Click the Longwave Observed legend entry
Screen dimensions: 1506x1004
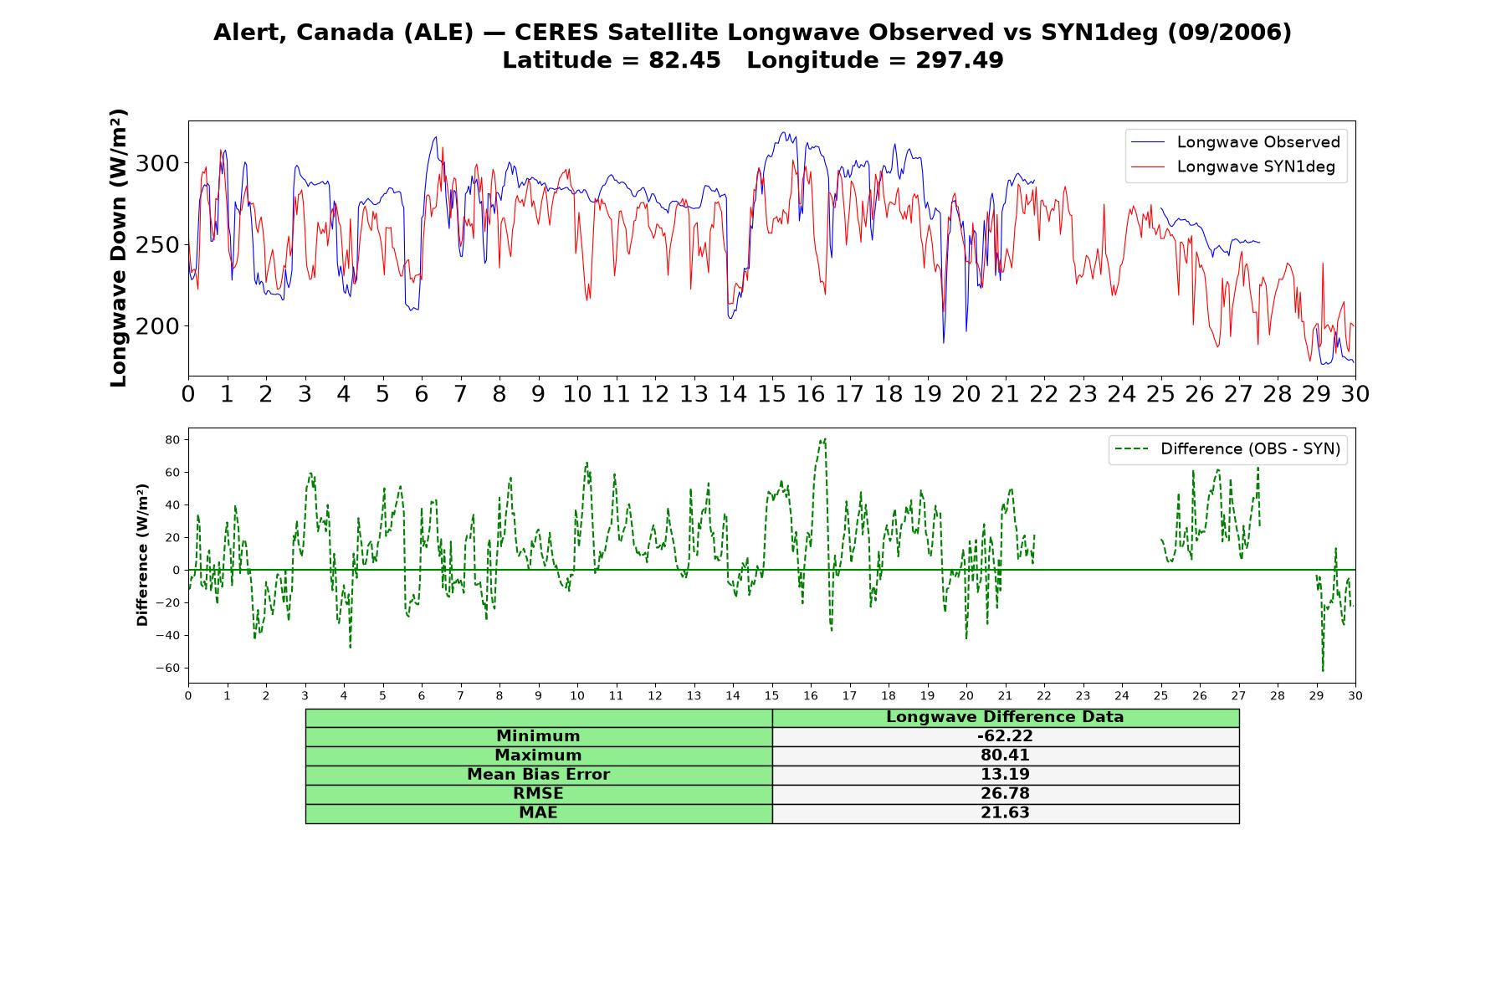1235,142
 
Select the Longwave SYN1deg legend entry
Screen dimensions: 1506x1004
1233,166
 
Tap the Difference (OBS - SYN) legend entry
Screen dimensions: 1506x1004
1228,449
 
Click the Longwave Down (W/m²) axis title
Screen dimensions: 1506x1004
119,248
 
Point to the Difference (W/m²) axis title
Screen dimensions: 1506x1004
142,555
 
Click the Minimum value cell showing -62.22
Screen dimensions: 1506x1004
1005,736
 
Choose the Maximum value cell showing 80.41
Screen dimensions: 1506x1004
1005,756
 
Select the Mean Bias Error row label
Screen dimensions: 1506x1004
538,775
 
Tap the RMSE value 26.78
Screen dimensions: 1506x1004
1005,794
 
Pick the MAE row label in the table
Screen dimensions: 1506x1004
538,813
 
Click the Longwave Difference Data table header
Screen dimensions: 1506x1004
1005,717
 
